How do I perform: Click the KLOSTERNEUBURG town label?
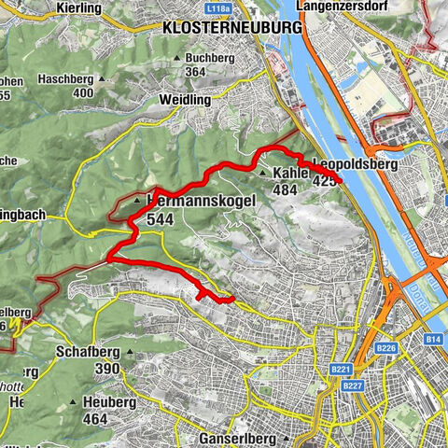[232, 28]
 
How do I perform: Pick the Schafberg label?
[89, 353]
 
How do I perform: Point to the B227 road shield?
[352, 385]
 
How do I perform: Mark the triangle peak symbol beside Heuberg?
[73, 402]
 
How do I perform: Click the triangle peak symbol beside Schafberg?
[52, 353]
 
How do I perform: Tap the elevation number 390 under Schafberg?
[105, 370]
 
